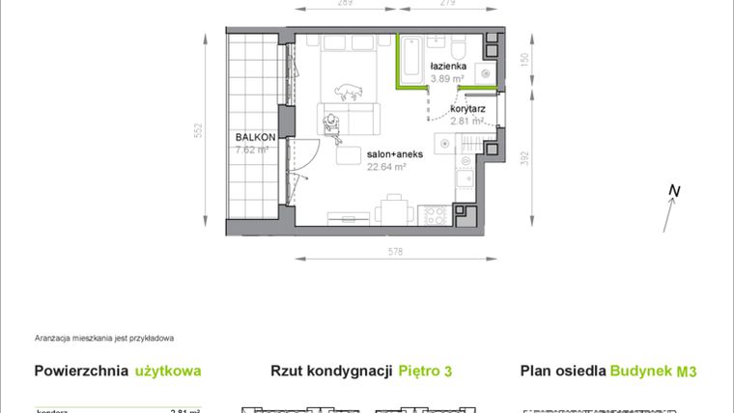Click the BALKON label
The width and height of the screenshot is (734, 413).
tap(255, 138)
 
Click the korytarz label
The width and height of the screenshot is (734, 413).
tap(466, 110)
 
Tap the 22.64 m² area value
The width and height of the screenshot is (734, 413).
tap(386, 166)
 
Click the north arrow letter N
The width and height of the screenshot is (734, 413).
tap(675, 192)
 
